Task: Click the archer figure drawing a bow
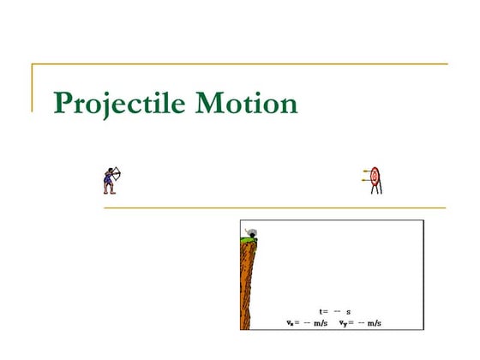[x=109, y=180]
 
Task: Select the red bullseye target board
[x=375, y=177]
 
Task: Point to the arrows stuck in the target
[x=367, y=177]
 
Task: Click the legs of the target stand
[x=375, y=189]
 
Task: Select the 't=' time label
[x=323, y=311]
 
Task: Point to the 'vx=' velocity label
[x=292, y=322]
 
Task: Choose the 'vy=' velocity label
[x=345, y=322]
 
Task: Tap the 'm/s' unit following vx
[x=321, y=322]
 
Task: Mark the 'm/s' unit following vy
[x=374, y=322]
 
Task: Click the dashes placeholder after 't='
[x=337, y=311]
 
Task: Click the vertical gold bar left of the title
[x=33, y=87]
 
